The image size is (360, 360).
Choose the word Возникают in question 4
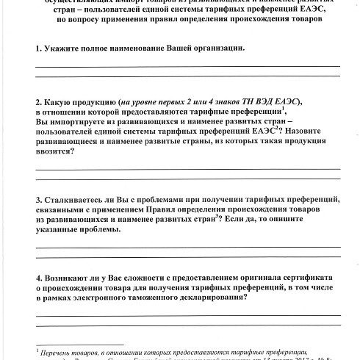[x=73, y=279]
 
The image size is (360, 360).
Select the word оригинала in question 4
[x=251, y=279]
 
